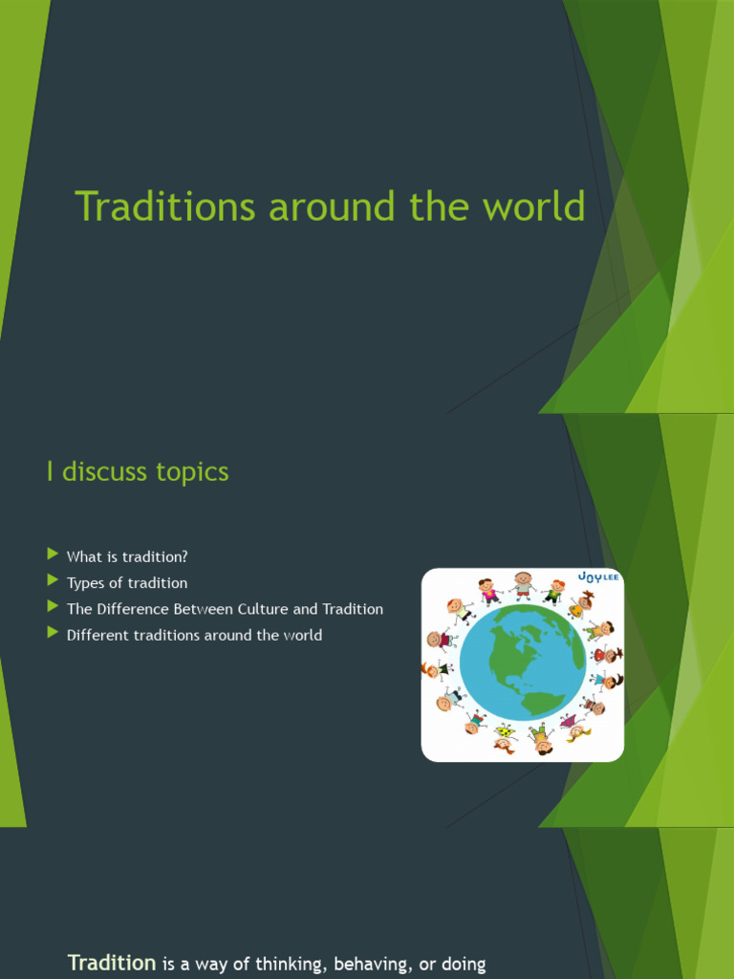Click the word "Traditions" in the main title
pyautogui.click(x=164, y=207)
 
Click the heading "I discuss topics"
pyautogui.click(x=138, y=471)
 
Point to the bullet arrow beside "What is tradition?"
pyautogui.click(x=52, y=555)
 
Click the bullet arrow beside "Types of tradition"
pyautogui.click(x=52, y=581)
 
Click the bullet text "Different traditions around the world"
pyautogui.click(x=194, y=635)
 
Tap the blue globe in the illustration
pyautogui.click(x=522, y=662)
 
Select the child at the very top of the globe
pyautogui.click(x=523, y=584)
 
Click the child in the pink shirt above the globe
pyautogui.click(x=488, y=591)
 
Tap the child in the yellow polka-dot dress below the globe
pyautogui.click(x=505, y=736)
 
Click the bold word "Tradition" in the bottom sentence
pyautogui.click(x=112, y=963)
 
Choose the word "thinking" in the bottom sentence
pyautogui.click(x=280, y=965)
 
